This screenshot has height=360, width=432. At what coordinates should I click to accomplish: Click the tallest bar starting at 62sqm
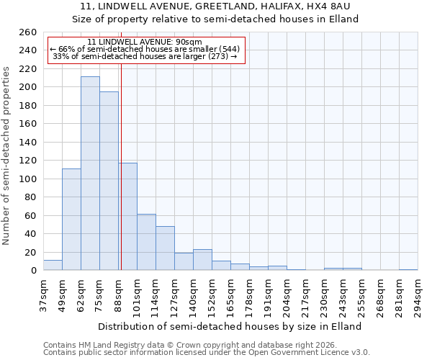[x=90, y=173]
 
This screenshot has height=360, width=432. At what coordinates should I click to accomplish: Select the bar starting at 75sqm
[x=109, y=181]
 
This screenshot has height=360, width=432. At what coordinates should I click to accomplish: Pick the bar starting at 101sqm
[x=146, y=242]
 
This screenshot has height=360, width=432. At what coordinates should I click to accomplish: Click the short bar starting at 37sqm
[x=53, y=265]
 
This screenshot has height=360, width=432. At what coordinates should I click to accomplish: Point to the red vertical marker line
[x=121, y=166]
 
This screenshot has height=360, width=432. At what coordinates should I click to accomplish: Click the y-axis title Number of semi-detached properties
[x=7, y=155]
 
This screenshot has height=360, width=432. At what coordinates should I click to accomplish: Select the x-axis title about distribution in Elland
[x=230, y=326]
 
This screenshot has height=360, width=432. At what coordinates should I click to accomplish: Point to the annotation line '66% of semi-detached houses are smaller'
[x=144, y=49]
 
